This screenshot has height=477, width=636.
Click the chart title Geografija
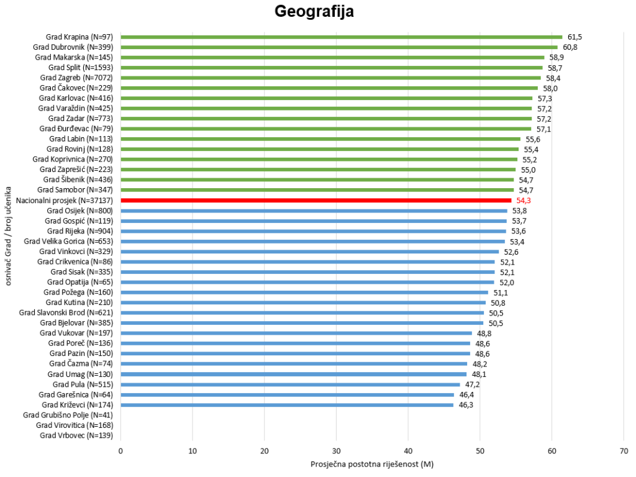point(314,11)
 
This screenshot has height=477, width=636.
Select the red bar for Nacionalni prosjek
point(316,201)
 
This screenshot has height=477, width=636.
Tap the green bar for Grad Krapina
point(342,37)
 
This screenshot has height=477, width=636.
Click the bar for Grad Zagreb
point(330,78)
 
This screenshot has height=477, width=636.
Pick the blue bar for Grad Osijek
point(314,211)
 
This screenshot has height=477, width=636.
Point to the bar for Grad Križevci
point(287,405)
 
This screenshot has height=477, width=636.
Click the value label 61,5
point(575,37)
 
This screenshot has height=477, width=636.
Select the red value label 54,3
point(523,201)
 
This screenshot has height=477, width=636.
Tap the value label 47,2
point(473,384)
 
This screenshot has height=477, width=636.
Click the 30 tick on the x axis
point(336,451)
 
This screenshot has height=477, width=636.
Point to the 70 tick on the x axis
point(624,451)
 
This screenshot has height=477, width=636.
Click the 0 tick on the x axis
point(120,451)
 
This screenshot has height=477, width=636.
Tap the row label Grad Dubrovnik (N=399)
point(73,47)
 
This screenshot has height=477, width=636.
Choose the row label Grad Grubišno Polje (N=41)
point(68,415)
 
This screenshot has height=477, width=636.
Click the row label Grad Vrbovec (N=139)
point(76,435)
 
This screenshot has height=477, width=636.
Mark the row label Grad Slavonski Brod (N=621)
point(66,313)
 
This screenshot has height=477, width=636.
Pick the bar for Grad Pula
point(291,384)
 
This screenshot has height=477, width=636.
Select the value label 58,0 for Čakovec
point(550,88)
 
